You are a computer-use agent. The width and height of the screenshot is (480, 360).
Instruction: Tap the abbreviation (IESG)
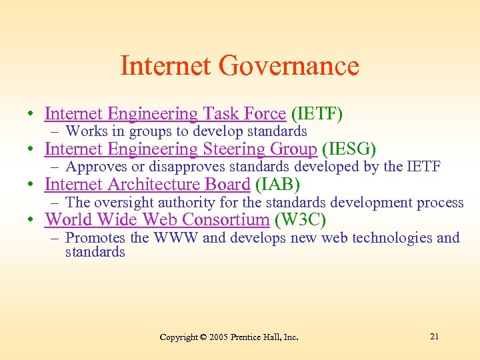pos(349,149)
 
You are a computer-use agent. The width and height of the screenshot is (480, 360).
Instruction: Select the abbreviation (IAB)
pos(277,185)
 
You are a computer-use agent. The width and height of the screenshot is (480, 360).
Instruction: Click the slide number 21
pos(434,337)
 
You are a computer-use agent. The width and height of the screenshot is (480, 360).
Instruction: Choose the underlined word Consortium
pos(226,219)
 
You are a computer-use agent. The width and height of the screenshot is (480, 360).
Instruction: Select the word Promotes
pos(94,237)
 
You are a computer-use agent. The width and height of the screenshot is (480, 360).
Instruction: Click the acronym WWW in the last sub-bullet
pos(176,237)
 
